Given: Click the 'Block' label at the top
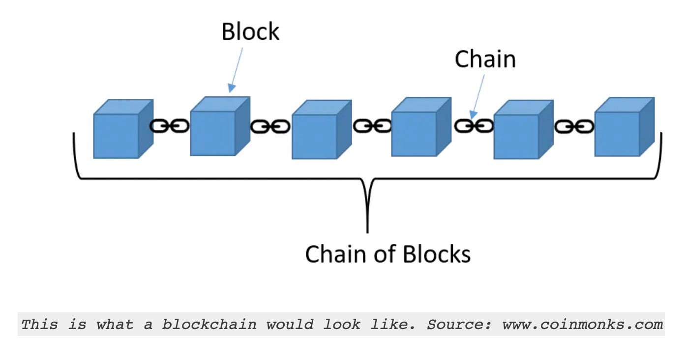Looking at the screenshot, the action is point(250,31).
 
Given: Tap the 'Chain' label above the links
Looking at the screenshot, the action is point(485,59).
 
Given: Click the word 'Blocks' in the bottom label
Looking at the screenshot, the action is point(436,254).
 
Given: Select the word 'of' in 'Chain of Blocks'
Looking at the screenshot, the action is point(385,254).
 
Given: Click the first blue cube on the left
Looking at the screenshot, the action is point(123,129).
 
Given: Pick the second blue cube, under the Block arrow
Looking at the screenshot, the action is point(220,126).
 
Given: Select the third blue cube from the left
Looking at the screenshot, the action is point(322,130).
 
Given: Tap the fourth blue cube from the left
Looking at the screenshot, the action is point(421,127).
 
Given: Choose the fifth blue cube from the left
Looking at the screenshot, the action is point(524,130).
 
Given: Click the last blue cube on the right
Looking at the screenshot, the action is point(625,127).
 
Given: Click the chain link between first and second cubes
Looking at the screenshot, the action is point(169,126).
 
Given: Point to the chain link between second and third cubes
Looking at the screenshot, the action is point(270,126).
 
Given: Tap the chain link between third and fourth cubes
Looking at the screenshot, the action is point(372,125).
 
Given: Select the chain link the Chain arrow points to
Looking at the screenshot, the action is point(474,126).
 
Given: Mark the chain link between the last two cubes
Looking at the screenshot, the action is point(574,126).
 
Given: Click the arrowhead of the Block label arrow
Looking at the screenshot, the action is point(231,88).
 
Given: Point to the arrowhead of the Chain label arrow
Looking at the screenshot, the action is point(473,115).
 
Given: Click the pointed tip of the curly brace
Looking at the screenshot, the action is point(367,232).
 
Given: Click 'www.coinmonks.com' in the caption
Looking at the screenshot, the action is point(583,325).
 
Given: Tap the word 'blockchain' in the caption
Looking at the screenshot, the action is point(209,324).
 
